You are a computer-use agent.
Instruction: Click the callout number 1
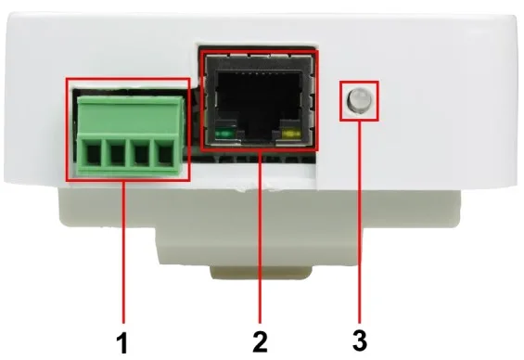click(x=123, y=341)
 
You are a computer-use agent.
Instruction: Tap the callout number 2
click(x=260, y=341)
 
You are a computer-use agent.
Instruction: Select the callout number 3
click(x=360, y=341)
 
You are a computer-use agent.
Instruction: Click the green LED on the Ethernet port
click(x=224, y=135)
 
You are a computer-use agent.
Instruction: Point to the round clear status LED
click(x=359, y=100)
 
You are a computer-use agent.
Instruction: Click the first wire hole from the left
click(x=93, y=152)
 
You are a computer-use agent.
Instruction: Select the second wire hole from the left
click(x=117, y=152)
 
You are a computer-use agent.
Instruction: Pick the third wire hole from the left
click(x=140, y=152)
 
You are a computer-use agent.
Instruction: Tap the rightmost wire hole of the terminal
click(x=164, y=152)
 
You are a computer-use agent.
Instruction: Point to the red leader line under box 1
click(x=124, y=252)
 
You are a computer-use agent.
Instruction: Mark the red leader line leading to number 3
click(x=360, y=222)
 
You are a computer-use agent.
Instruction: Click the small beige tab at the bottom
click(x=261, y=273)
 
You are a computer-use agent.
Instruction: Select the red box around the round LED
click(x=340, y=100)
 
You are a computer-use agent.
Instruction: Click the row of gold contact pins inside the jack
click(x=259, y=72)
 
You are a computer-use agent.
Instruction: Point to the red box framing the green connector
click(x=67, y=130)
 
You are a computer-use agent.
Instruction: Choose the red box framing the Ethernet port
click(x=201, y=100)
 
